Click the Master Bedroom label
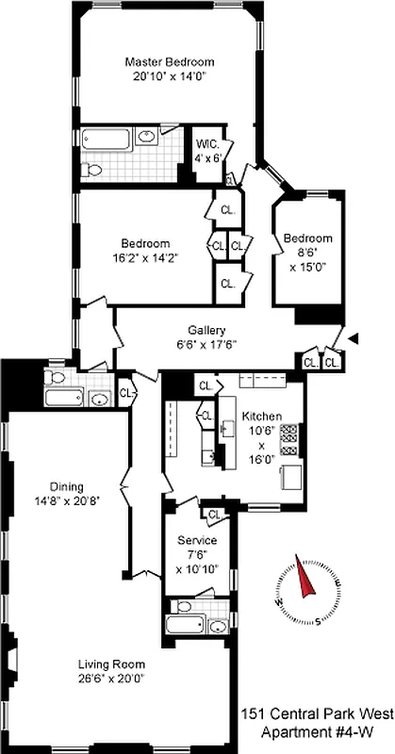pyautogui.click(x=165, y=62)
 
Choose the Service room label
pyautogui.click(x=197, y=540)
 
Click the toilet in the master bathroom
pyautogui.click(x=90, y=170)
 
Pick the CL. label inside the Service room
pyautogui.click(x=213, y=515)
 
